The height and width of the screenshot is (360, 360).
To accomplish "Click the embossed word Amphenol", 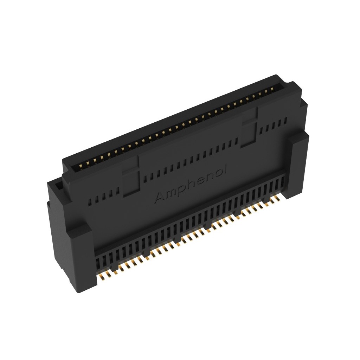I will click(192, 184).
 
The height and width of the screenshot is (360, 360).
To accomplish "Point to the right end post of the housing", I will click(299, 165).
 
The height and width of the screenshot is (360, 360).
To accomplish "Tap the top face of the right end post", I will click(299, 136).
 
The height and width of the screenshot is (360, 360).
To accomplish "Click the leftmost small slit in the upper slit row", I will click(88, 202).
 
